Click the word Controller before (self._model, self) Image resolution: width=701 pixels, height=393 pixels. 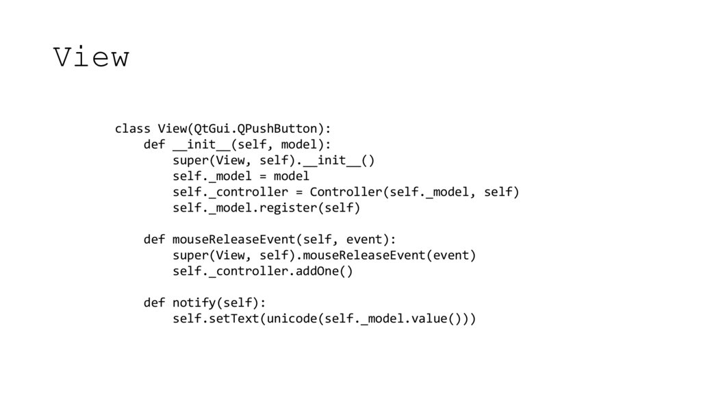342,192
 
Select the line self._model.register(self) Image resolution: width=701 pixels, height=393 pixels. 266,207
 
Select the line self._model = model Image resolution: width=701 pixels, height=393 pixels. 241,176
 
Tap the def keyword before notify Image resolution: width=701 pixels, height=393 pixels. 154,303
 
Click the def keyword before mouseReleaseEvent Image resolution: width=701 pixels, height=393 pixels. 154,240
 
